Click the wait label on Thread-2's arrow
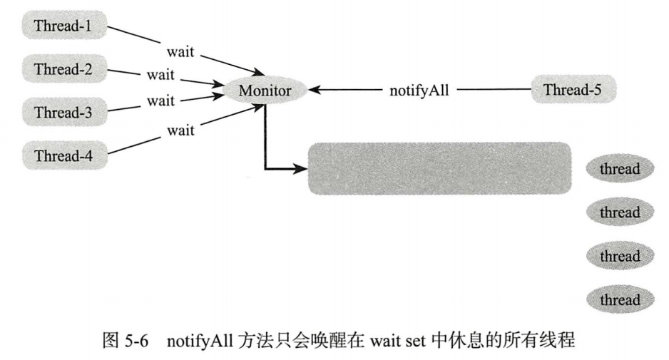[160, 74]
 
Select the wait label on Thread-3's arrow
[160, 101]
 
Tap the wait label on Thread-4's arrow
[180, 130]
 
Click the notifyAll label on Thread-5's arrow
[419, 91]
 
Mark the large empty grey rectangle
[439, 168]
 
